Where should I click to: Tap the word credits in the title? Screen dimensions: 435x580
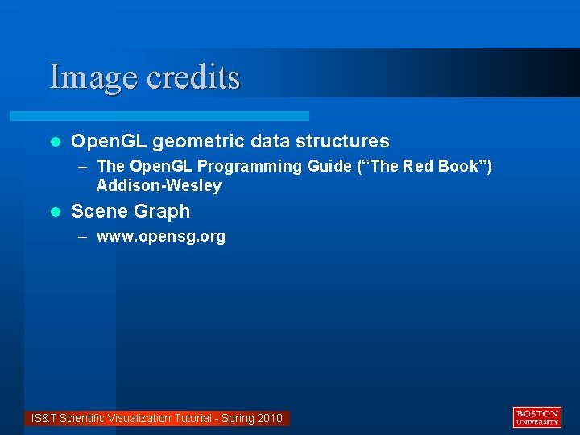point(193,77)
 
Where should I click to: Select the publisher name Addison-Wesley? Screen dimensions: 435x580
point(159,186)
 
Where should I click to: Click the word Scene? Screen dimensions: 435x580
point(97,212)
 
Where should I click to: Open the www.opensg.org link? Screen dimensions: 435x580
point(161,238)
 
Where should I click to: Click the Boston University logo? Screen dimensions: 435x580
point(536,416)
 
